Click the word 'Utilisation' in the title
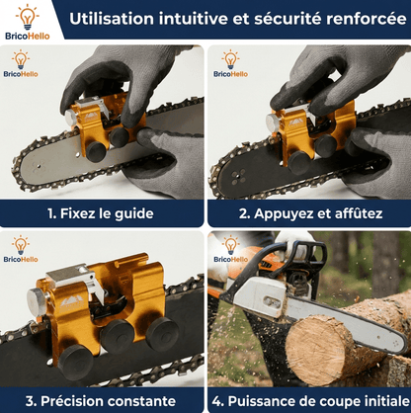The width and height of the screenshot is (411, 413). coord(112,19)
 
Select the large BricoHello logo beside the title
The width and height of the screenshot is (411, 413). coord(28,22)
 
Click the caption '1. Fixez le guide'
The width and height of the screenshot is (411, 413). coord(101,213)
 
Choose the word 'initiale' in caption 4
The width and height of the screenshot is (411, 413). coord(386,401)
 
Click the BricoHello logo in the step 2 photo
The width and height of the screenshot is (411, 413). coord(230,64)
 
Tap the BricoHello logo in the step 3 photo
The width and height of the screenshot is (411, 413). coord(21,249)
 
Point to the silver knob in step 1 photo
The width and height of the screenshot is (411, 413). coord(70,118)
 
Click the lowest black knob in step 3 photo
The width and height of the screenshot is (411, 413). coord(75,363)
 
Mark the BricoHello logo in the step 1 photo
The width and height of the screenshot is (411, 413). coord(21,64)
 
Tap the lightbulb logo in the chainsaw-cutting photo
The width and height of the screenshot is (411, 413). coord(230,249)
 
